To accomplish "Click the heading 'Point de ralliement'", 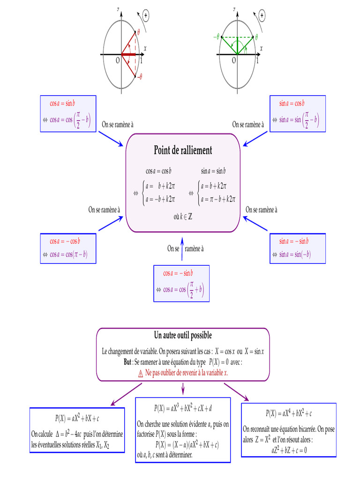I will click(183, 150).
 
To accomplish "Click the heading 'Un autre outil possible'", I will click(183, 336).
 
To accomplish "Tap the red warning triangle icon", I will click(140, 374).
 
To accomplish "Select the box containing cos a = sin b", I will click(68, 113).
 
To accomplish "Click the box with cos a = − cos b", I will click(68, 248).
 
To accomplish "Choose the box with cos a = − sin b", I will click(182, 283).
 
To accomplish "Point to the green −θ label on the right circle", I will click(217, 36).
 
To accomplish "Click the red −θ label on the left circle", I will click(139, 76).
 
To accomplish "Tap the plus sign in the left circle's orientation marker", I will click(146, 16).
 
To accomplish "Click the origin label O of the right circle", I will click(233, 61).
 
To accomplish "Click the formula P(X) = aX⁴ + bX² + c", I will click(289, 413).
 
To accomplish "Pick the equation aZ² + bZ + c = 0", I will click(289, 450).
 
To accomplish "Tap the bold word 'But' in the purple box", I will click(124, 362).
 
